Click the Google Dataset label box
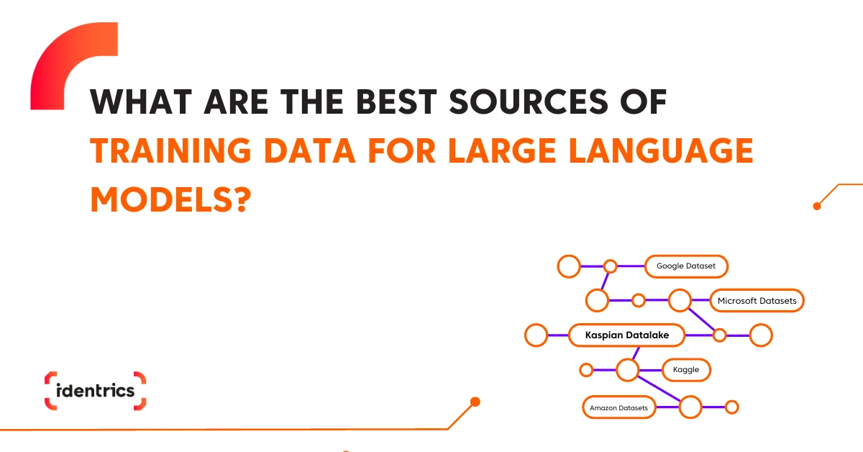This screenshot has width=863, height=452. (686, 266)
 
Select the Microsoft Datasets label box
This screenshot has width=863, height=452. (757, 300)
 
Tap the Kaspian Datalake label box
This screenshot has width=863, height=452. (627, 335)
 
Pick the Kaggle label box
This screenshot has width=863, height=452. (686, 370)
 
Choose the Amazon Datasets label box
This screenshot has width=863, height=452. (618, 407)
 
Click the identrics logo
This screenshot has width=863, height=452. (95, 391)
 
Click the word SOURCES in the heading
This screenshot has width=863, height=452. (529, 101)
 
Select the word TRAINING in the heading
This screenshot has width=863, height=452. (170, 151)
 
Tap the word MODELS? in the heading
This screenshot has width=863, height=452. (170, 200)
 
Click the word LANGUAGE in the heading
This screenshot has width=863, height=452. (661, 151)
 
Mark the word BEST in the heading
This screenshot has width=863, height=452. (396, 101)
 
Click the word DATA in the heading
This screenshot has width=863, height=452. (310, 151)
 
